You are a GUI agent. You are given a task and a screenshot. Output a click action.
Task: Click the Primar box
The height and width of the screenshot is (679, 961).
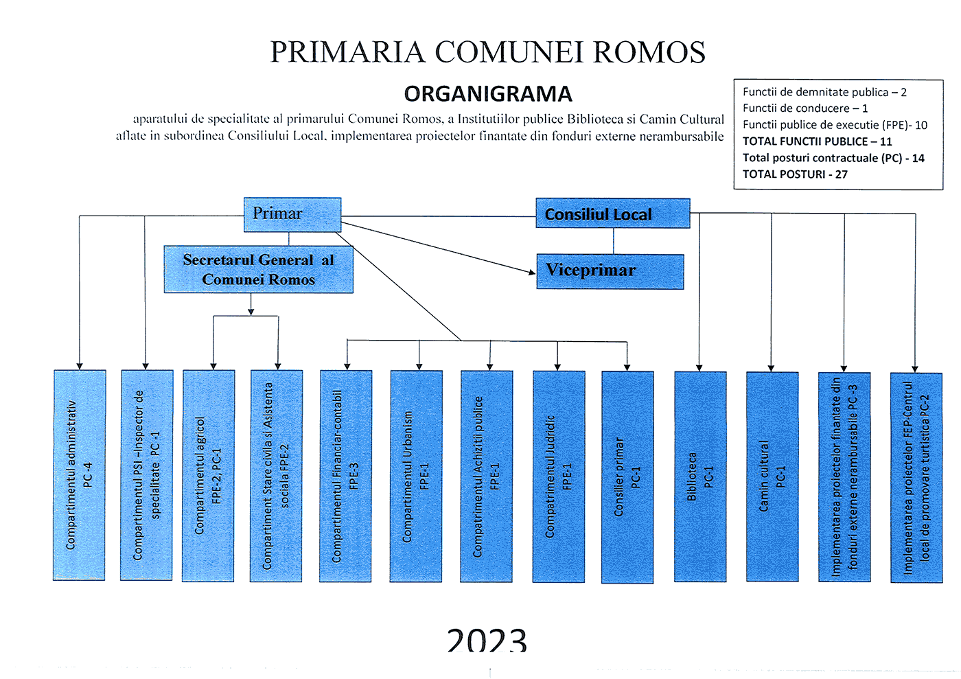(292, 214)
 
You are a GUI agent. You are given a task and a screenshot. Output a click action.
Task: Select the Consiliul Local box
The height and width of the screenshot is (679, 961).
(612, 214)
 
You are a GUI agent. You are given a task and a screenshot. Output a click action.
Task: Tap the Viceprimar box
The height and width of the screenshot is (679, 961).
(610, 271)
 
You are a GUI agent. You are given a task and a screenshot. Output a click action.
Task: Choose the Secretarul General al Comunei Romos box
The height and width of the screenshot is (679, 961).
(258, 270)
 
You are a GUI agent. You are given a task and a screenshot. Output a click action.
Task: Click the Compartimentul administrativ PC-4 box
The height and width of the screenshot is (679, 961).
(80, 475)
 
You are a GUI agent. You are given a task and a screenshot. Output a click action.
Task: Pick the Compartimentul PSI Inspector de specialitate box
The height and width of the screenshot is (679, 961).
(146, 475)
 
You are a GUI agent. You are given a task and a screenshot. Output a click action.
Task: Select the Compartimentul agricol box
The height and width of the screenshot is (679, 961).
(209, 476)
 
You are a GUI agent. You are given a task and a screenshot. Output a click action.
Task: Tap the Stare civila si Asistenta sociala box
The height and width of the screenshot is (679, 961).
(276, 476)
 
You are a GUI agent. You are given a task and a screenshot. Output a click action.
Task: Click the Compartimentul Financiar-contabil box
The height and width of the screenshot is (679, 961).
(346, 476)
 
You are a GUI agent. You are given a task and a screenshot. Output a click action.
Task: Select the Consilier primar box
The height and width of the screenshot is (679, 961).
(627, 477)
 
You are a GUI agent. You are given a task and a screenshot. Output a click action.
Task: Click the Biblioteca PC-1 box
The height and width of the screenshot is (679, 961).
(700, 476)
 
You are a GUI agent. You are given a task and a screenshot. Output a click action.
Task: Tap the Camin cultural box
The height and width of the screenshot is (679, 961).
(772, 476)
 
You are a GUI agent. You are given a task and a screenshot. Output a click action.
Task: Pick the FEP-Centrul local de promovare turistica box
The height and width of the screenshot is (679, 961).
(916, 478)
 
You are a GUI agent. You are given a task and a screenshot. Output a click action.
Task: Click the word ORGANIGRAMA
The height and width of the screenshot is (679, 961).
(488, 94)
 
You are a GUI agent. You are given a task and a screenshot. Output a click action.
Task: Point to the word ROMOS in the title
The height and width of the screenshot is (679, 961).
(649, 53)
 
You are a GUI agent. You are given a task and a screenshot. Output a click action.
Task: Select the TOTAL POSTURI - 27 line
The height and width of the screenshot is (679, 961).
(795, 174)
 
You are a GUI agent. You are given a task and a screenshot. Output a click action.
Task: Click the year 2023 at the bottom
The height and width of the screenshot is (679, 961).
(487, 641)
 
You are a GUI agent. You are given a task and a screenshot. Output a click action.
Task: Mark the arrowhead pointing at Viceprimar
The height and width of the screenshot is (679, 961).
(532, 273)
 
